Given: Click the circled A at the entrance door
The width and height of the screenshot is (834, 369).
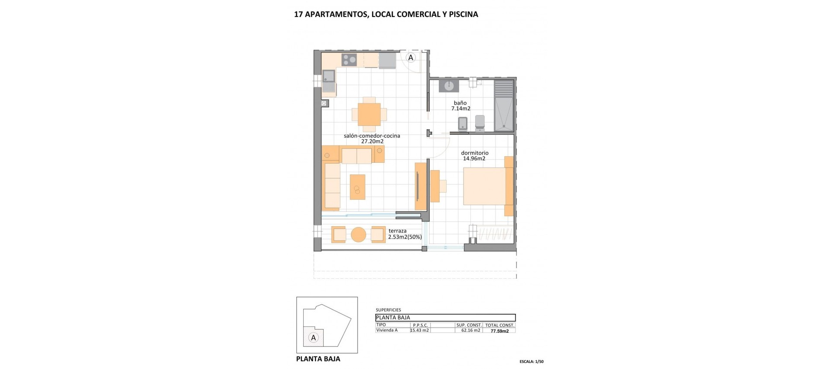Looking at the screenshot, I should [410, 57].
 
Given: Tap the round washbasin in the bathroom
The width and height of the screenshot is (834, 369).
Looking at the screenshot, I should [449, 86].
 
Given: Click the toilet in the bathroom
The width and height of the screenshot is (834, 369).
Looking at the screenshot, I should [480, 123].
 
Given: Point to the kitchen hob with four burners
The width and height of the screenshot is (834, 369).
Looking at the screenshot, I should [349, 59].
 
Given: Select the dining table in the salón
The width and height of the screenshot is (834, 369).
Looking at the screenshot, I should [369, 114].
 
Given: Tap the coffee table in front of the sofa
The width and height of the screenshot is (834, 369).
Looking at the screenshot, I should [357, 187].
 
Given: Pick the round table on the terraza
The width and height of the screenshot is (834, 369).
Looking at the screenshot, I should [358, 234].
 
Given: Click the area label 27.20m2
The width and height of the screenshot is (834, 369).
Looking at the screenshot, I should [372, 142].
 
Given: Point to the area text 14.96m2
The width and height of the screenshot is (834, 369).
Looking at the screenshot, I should [474, 159].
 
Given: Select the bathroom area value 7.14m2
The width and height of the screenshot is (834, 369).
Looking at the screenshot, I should [461, 109].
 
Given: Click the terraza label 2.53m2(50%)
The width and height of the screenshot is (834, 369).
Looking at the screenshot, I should [405, 237].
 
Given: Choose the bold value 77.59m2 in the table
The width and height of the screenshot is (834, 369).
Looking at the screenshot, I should [500, 330].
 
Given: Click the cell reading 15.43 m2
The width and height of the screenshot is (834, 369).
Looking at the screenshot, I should [420, 330].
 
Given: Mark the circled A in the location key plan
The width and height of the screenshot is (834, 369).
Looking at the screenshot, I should [313, 337].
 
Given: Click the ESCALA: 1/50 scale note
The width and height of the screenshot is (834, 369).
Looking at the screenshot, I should [531, 361].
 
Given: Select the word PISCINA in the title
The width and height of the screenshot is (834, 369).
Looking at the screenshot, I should [463, 14].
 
